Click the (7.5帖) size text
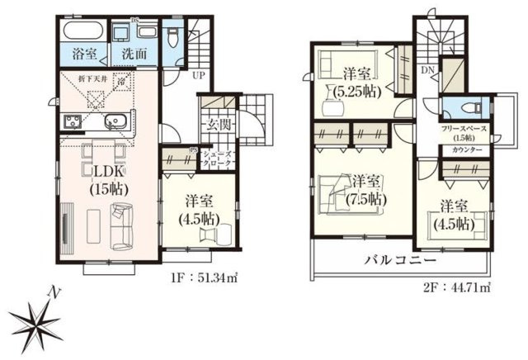click(364, 199)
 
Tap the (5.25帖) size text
click(356, 92)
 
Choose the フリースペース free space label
click(464, 129)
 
